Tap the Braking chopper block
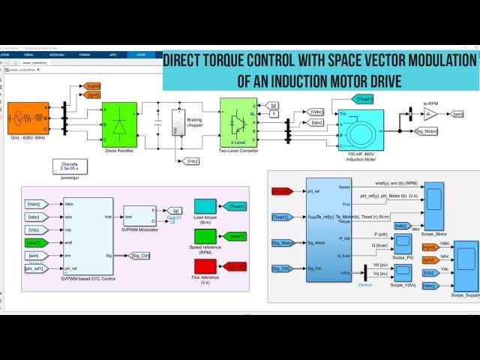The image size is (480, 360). (x=178, y=123)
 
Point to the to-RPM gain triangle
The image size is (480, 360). (x=430, y=114)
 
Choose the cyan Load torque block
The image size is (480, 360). (x=204, y=205)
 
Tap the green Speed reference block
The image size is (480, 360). (x=204, y=235)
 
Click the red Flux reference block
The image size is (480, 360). (x=204, y=265)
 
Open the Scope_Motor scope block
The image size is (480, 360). (x=434, y=199)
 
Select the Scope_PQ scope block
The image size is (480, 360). (x=403, y=242)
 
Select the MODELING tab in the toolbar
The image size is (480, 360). (x=57, y=55)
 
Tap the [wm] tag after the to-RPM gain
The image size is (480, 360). (x=457, y=114)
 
